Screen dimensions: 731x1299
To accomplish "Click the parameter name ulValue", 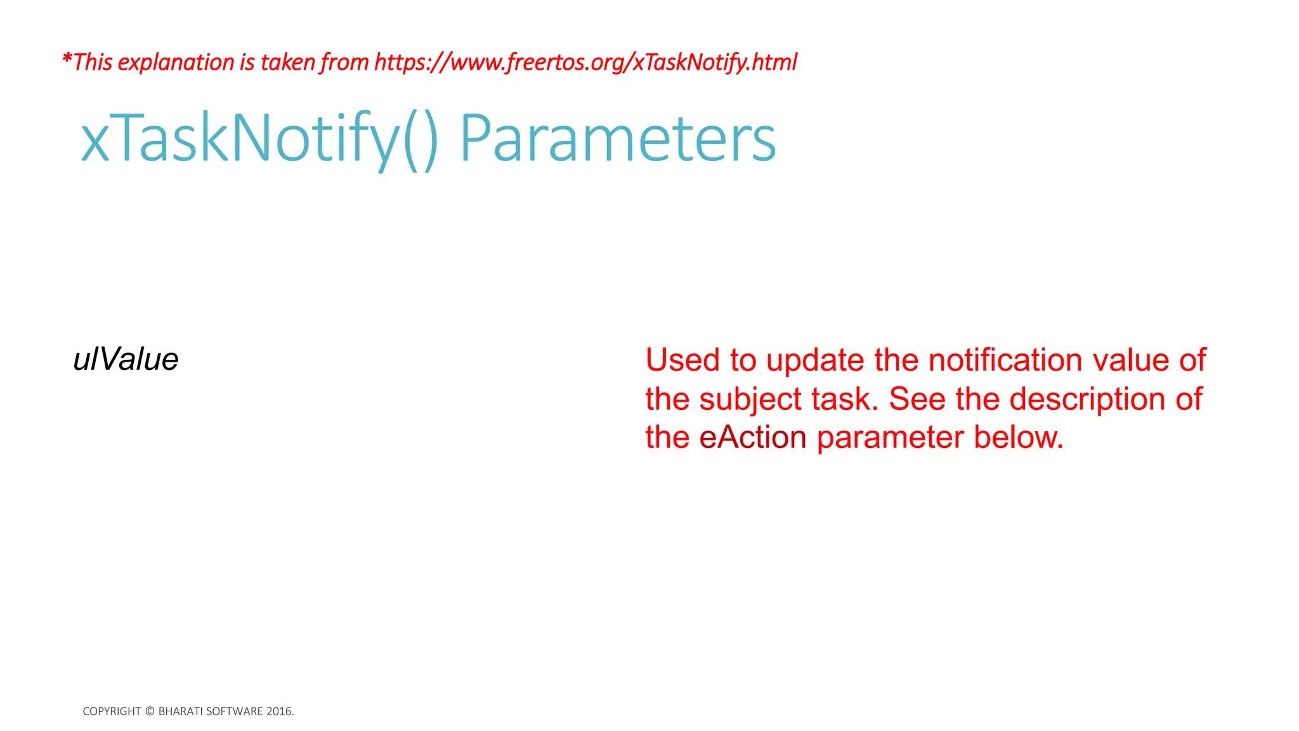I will coord(126,359).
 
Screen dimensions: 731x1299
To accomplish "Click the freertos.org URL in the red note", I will coord(585,62).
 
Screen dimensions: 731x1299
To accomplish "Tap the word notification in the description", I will coord(1005,360).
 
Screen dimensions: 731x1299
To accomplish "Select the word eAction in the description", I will coord(753,437).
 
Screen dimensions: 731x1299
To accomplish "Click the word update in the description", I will coord(815,360).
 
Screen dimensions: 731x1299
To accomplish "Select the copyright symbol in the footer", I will coord(150,711).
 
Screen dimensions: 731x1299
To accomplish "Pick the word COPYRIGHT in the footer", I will coord(112,711).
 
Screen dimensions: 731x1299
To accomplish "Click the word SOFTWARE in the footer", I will coord(235,711).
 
